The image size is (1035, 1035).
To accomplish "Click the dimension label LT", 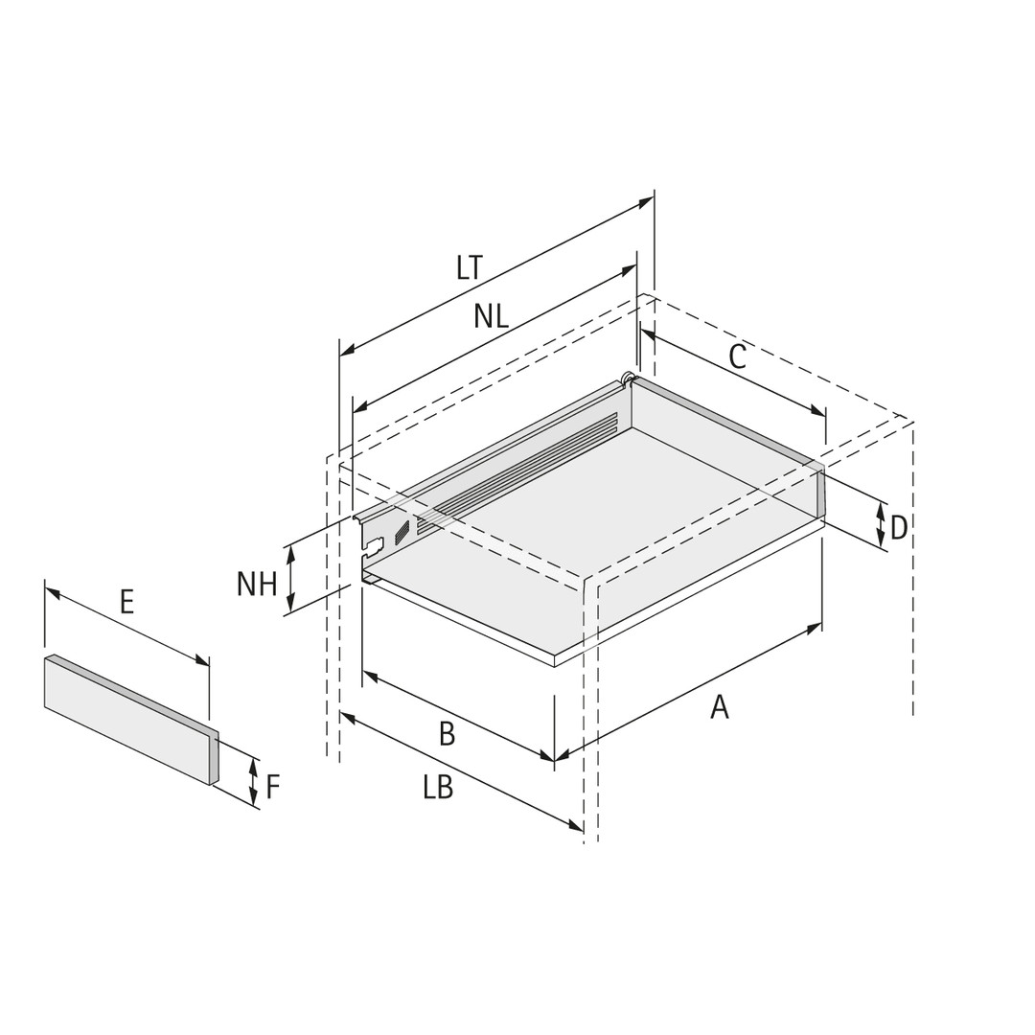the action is pyautogui.click(x=470, y=268).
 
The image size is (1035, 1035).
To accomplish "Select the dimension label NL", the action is pyautogui.click(x=491, y=317).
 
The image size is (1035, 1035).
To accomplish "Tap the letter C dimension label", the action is pyautogui.click(x=737, y=357).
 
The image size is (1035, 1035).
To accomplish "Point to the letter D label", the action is pyautogui.click(x=898, y=528).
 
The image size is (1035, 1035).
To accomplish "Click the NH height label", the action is pyautogui.click(x=257, y=584).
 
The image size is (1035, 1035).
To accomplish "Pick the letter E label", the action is pyautogui.click(x=126, y=602).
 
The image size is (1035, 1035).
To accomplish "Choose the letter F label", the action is pyautogui.click(x=273, y=786).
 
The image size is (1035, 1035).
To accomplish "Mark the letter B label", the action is pyautogui.click(x=447, y=733).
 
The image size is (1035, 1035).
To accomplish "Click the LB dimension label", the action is pyautogui.click(x=438, y=788).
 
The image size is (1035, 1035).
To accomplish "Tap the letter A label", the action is pyautogui.click(x=720, y=707).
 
